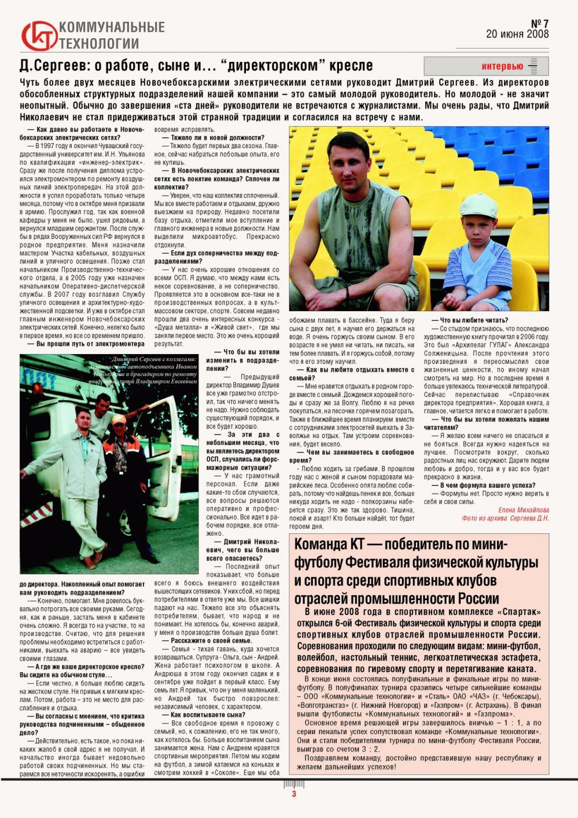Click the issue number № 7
click(x=539, y=24)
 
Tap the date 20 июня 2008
click(x=517, y=34)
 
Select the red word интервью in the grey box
click(x=502, y=66)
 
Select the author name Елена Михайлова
click(x=524, y=510)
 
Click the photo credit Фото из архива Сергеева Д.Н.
click(x=505, y=518)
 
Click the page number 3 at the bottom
click(x=294, y=794)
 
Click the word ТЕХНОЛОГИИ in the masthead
click(x=99, y=43)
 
